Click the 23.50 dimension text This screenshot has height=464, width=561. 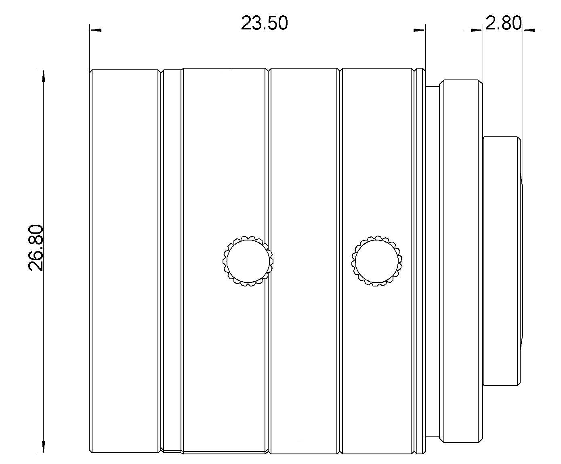click(264, 23)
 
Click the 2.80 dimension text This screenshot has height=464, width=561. click(503, 23)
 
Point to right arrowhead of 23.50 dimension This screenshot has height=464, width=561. click(420, 30)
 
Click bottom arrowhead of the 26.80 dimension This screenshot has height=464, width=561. click(43, 447)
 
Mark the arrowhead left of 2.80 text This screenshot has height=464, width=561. click(478, 29)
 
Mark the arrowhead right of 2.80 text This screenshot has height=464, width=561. click(528, 29)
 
